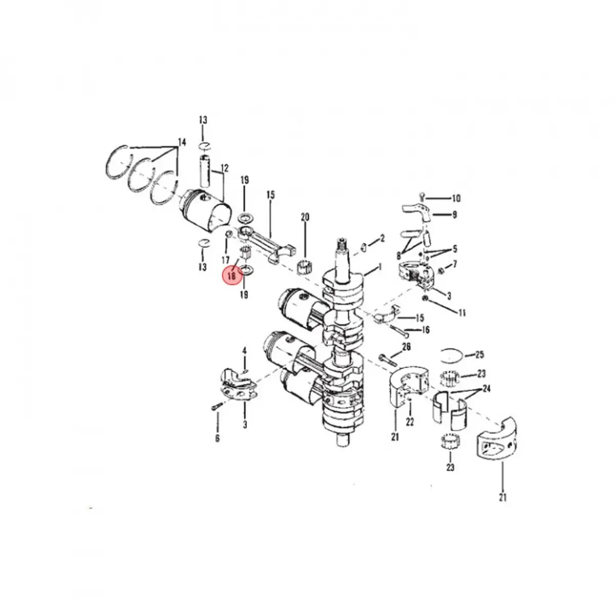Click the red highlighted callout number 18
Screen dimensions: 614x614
232,276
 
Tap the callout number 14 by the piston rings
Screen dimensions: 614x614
182,142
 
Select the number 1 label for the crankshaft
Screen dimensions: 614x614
380,267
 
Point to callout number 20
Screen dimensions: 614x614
305,217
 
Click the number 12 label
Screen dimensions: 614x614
224,168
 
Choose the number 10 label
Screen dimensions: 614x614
456,198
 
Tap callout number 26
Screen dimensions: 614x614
406,347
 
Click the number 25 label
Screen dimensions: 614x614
479,355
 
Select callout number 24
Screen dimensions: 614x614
487,388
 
